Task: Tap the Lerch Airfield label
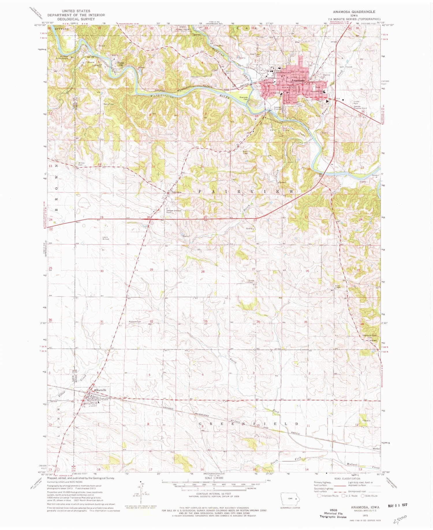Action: [106, 238]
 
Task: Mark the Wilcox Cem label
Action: [81, 164]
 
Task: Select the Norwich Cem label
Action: [135, 322]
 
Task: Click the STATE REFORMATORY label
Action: [283, 72]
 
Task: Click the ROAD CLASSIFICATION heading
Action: [347, 479]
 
